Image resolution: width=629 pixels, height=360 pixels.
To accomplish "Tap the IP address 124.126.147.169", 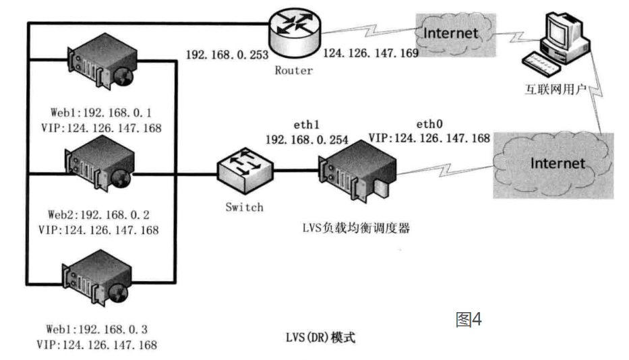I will point(371,52).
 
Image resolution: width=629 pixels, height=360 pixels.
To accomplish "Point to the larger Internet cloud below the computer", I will point(556,163).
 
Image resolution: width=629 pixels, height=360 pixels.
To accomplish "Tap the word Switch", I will point(245,207).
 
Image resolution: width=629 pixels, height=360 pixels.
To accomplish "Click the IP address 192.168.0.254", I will point(307,140).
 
